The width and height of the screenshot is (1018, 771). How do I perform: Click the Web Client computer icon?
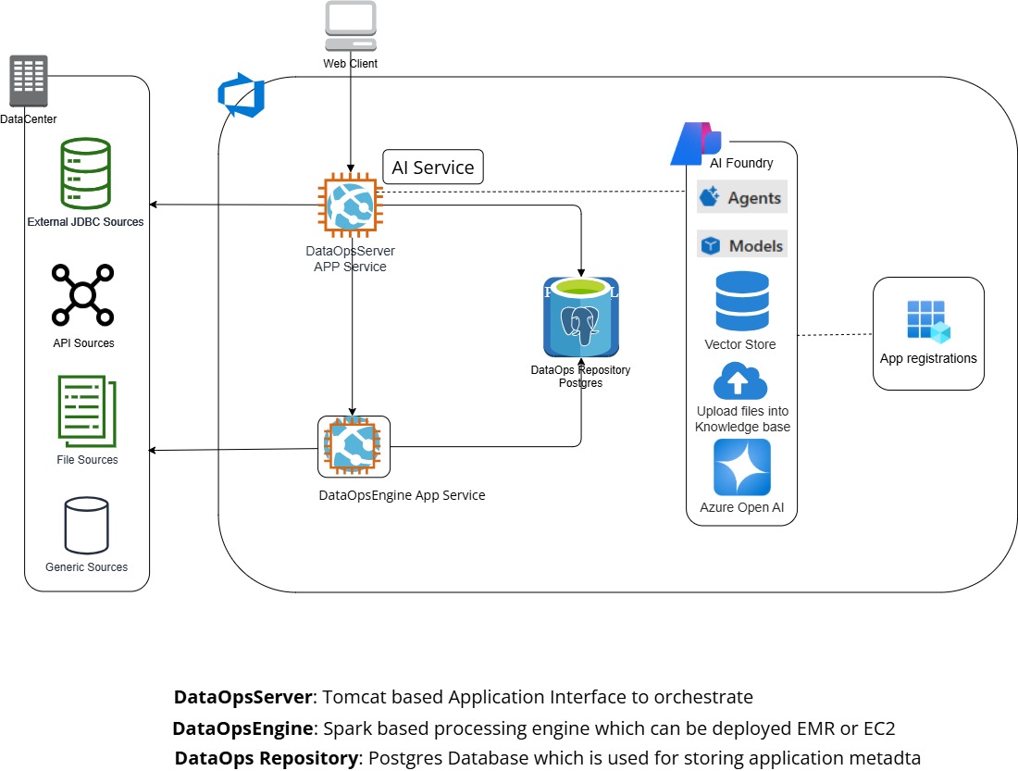pyautogui.click(x=351, y=26)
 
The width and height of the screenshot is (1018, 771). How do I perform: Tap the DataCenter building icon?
pyautogui.click(x=29, y=81)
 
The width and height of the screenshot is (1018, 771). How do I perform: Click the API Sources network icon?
pyautogui.click(x=83, y=294)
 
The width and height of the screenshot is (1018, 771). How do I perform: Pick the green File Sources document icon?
pyautogui.click(x=87, y=410)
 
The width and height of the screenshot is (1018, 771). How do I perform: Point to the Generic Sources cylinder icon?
pyautogui.click(x=86, y=525)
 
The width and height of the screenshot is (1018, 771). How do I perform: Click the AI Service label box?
pyautogui.click(x=433, y=168)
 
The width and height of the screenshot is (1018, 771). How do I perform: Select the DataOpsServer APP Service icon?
pyautogui.click(x=351, y=205)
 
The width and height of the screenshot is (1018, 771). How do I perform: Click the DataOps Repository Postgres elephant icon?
pyautogui.click(x=581, y=317)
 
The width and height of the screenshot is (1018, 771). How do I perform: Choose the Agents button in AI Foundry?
pyautogui.click(x=742, y=197)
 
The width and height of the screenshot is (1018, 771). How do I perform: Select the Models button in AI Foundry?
pyautogui.click(x=742, y=245)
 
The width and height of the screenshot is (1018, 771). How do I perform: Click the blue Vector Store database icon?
pyautogui.click(x=740, y=301)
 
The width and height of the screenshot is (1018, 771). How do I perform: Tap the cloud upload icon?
pyautogui.click(x=740, y=380)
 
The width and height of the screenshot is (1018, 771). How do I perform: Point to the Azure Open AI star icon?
pyautogui.click(x=741, y=467)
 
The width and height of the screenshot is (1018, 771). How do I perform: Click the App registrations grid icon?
pyautogui.click(x=928, y=321)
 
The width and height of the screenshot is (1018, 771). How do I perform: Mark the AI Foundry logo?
pyautogui.click(x=695, y=143)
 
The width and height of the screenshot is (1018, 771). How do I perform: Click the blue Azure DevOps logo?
pyautogui.click(x=242, y=97)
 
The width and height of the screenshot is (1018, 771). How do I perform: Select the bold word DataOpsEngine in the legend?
pyautogui.click(x=243, y=727)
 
